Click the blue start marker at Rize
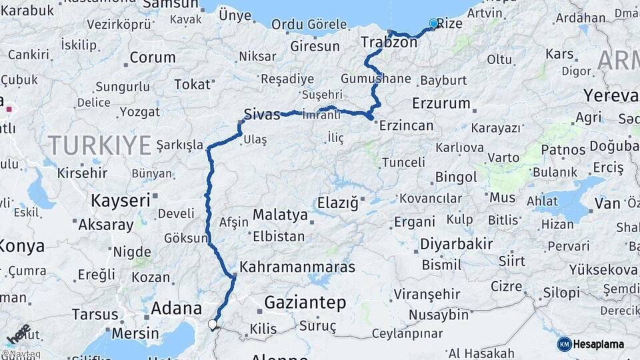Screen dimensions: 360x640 tap(434, 24)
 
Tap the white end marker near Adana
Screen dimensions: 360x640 tap(213, 325)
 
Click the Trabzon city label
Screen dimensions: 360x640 tap(389, 43)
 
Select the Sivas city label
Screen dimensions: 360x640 tap(262, 114)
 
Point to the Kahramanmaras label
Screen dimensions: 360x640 tap(297, 267)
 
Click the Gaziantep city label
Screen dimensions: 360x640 tap(305, 303)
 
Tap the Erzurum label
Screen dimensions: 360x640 tap(441, 103)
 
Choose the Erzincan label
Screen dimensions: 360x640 tap(406, 125)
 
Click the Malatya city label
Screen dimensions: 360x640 tap(279, 215)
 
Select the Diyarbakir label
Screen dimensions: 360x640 tap(457, 244)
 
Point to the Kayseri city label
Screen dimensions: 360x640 tap(120, 200)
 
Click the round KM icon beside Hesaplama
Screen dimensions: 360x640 tap(564, 344)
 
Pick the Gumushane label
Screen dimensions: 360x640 tap(375, 78)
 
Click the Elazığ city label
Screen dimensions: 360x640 tap(338, 201)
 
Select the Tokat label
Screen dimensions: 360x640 tap(191, 85)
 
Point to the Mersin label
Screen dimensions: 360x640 tap(135, 333)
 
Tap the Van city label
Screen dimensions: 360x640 tap(607, 203)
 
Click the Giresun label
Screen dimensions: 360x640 tap(315, 47)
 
